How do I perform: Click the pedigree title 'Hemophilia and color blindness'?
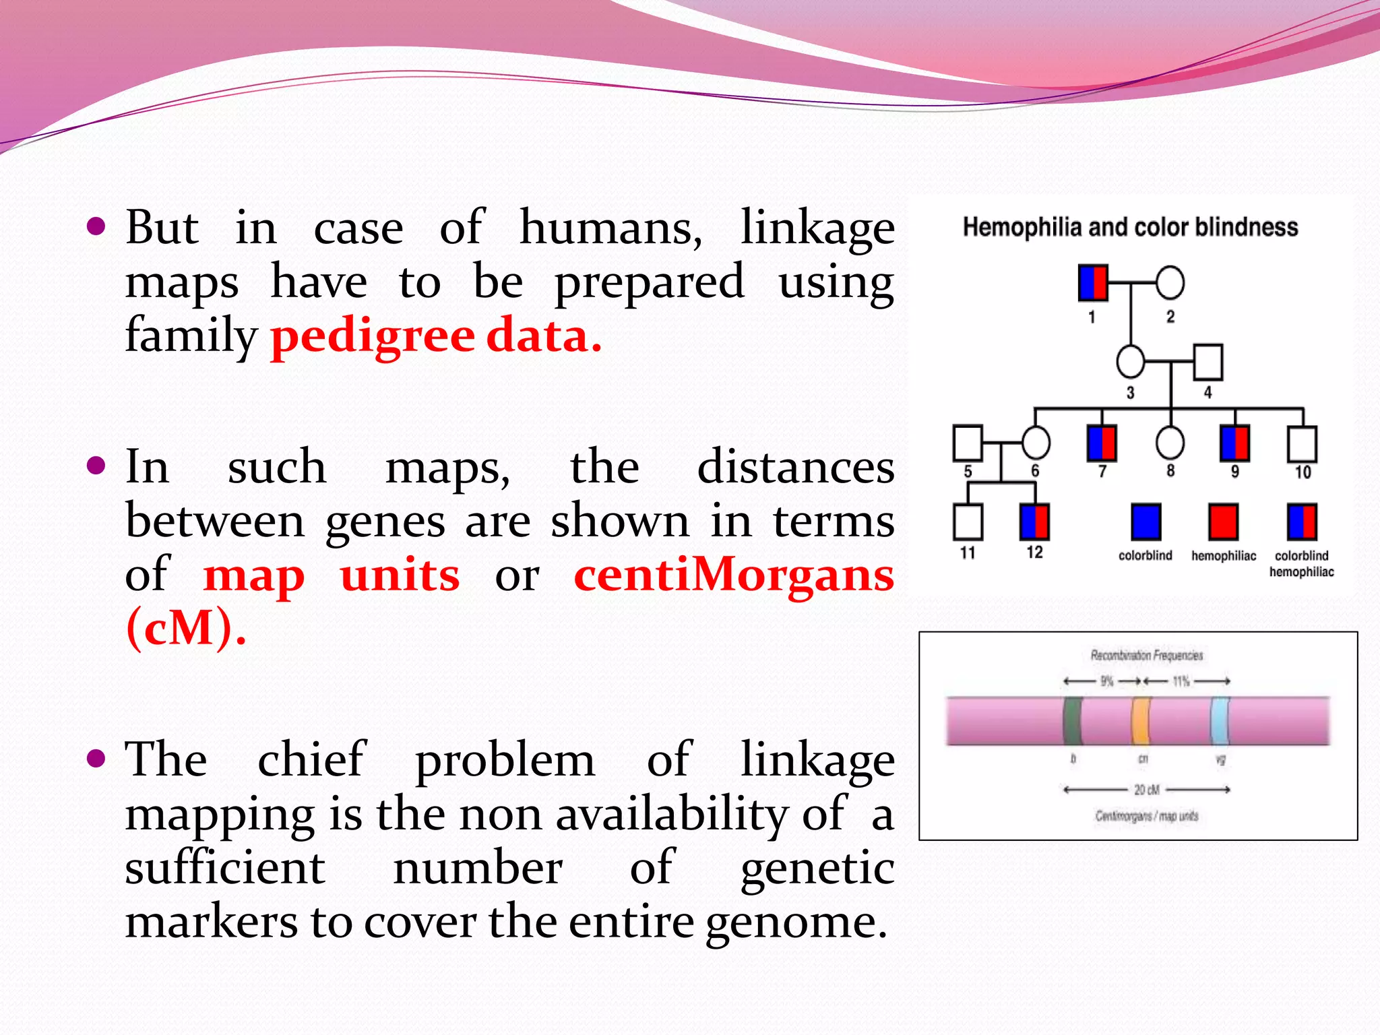pos(1130,228)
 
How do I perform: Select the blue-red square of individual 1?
pos(1093,283)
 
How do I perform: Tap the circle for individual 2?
pos(1170,283)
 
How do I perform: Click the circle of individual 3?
pos(1130,362)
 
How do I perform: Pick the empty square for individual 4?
pos(1208,362)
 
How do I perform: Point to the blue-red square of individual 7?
pos(1102,443)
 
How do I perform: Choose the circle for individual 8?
pos(1170,443)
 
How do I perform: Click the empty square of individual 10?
pos(1302,443)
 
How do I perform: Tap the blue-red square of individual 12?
pos(1034,522)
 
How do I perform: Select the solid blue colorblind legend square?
pos(1146,522)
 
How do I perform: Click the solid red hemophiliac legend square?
pos(1223,522)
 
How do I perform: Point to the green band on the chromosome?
pos(1072,721)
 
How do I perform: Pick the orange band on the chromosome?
pos(1140,721)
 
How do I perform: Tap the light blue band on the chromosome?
pos(1220,721)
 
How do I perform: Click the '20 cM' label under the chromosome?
pos(1146,789)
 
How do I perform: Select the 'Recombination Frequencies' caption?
pos(1146,655)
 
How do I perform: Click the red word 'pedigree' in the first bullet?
pos(373,336)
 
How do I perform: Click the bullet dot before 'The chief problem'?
pos(97,759)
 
